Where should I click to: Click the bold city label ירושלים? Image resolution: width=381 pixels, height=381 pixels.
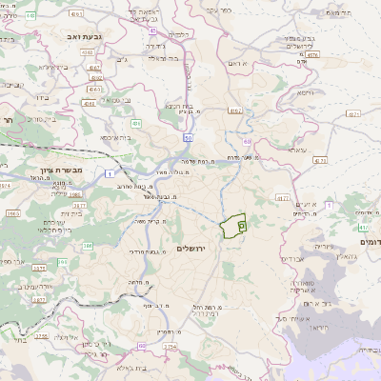[x=191, y=248]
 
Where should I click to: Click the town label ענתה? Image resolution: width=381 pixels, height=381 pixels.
[x=297, y=150]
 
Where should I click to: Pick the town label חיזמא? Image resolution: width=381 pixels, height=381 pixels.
[x=304, y=94]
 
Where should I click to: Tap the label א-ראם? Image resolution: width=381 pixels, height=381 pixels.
[x=237, y=62]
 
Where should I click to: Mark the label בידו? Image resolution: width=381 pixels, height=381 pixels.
[x=40, y=97]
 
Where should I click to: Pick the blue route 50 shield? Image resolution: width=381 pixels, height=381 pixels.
[x=189, y=138]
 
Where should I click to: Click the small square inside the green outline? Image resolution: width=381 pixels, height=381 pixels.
[x=242, y=226]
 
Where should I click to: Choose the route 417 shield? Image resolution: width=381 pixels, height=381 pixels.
[x=282, y=197]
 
